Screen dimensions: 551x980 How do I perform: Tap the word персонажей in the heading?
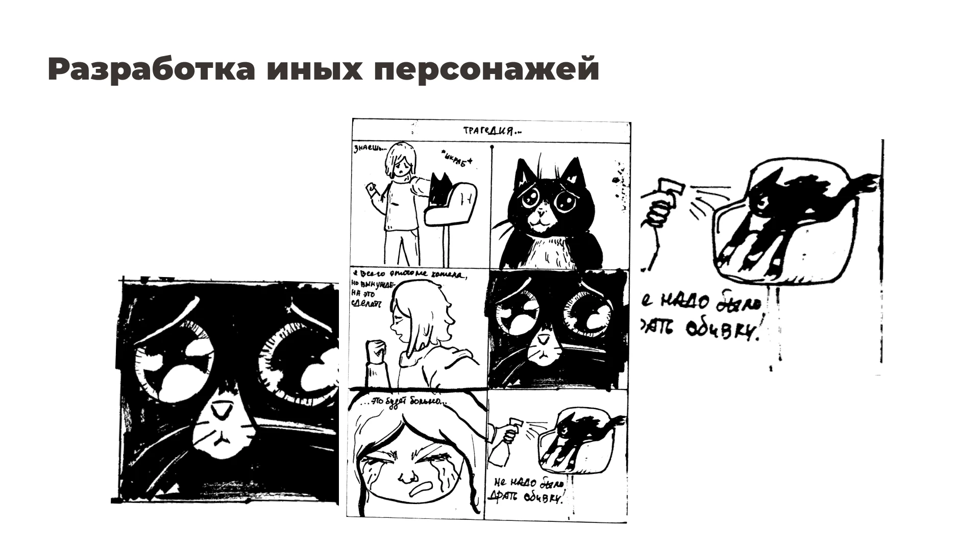(x=486, y=69)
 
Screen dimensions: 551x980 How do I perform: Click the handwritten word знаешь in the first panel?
(x=366, y=150)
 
